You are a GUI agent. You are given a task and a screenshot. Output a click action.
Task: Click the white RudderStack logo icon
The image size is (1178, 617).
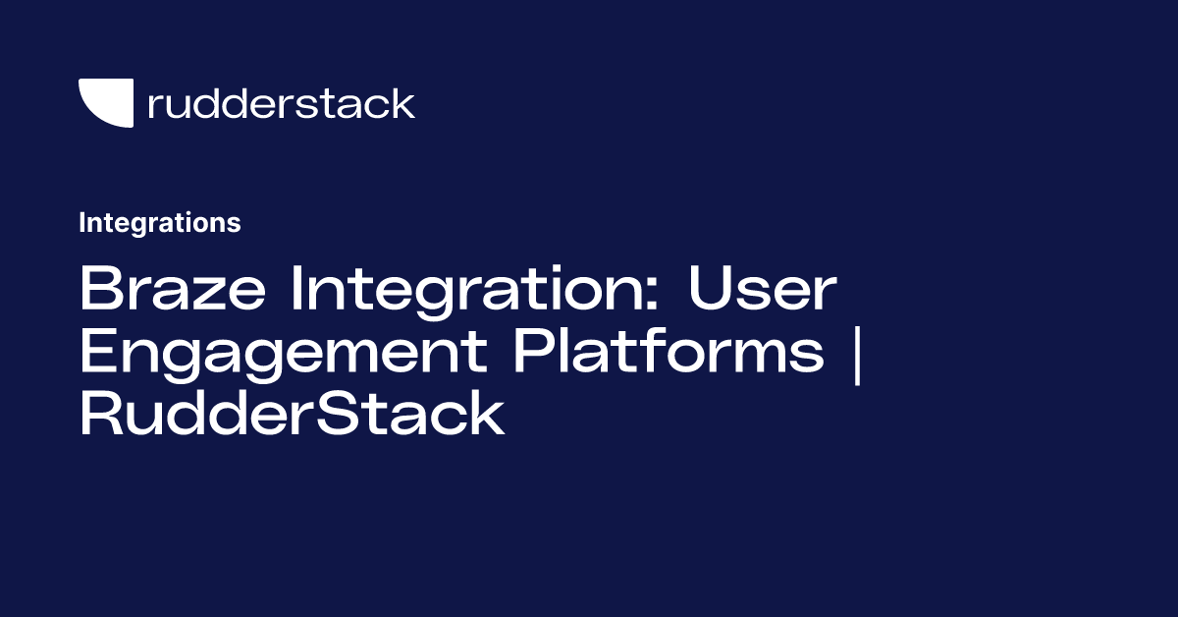click(x=106, y=102)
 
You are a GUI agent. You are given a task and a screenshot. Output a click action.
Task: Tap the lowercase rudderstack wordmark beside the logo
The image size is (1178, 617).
click(x=281, y=103)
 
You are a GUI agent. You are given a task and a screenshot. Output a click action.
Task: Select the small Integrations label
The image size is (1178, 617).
click(x=159, y=223)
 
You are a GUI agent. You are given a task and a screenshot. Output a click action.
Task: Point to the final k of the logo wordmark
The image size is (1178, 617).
click(x=402, y=102)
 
